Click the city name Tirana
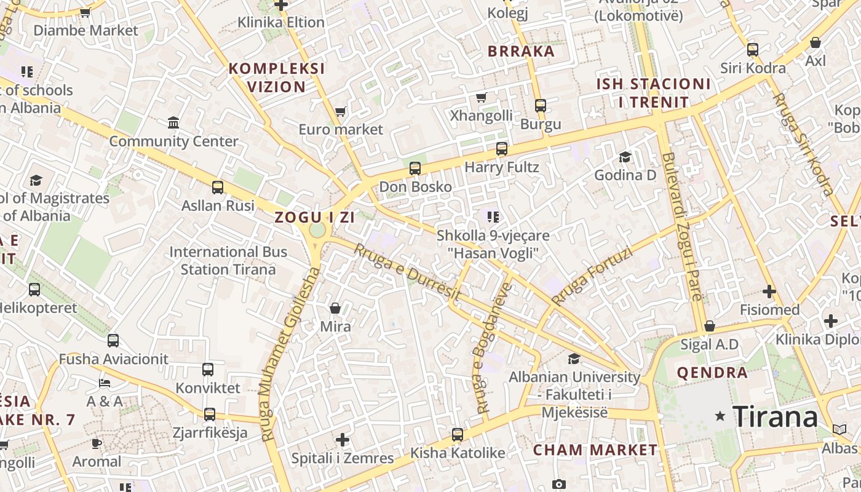(x=775, y=417)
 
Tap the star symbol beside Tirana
(x=720, y=416)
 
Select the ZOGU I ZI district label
(x=314, y=217)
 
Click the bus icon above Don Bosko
(x=415, y=168)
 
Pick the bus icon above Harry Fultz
(x=502, y=148)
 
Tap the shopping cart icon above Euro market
(x=340, y=112)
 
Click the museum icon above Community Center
(x=173, y=122)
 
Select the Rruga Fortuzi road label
(x=592, y=276)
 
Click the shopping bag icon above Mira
(x=335, y=308)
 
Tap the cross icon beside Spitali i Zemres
(x=343, y=440)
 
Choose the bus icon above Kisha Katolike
(x=458, y=435)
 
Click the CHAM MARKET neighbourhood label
(x=595, y=450)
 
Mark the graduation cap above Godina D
(x=625, y=157)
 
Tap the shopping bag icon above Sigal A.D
(x=710, y=326)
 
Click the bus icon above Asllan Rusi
(x=218, y=187)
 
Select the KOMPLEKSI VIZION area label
(x=277, y=77)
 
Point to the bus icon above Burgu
(x=541, y=105)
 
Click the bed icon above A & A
(x=105, y=383)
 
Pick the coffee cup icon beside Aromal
(x=97, y=443)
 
